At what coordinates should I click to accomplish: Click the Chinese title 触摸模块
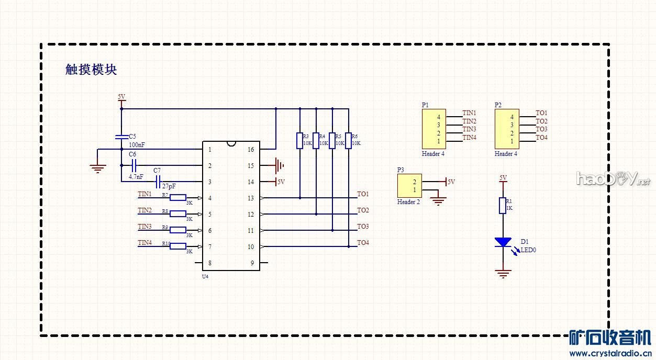point(91,70)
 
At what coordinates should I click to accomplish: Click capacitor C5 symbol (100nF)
point(121,137)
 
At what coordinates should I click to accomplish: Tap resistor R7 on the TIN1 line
point(179,198)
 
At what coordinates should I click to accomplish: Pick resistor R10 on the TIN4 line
point(179,246)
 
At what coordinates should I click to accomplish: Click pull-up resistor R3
point(299,141)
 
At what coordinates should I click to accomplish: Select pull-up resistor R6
point(348,141)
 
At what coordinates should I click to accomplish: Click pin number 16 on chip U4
point(251,150)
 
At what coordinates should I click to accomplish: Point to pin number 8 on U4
point(210,263)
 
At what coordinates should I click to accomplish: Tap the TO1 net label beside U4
point(363,194)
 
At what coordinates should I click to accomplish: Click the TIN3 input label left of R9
point(144,227)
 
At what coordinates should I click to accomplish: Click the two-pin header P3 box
point(409,186)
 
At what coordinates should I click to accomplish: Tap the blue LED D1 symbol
point(503,242)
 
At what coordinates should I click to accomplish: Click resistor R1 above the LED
point(503,206)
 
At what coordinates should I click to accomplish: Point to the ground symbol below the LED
point(503,273)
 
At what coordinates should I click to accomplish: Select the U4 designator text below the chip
point(205,276)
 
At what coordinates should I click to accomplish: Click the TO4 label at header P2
point(541,138)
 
